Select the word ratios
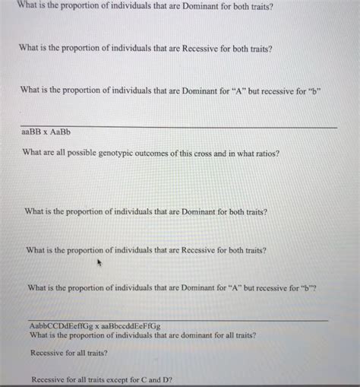[x=265, y=153]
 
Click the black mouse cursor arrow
[x=99, y=263]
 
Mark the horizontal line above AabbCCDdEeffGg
[x=178, y=320]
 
